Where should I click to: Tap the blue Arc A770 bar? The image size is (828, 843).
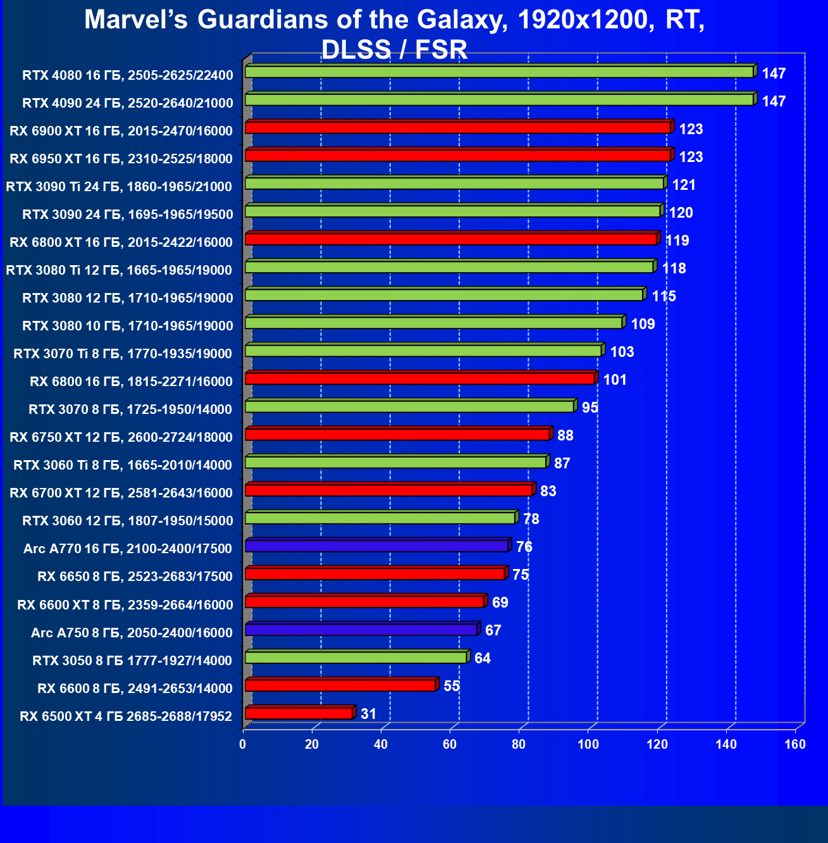[376, 546]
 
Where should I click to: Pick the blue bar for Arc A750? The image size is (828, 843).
[361, 630]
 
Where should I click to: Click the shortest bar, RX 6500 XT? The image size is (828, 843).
[298, 713]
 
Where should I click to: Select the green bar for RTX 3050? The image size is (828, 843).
[355, 658]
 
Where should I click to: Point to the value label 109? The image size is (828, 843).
[643, 324]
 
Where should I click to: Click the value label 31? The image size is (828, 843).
[368, 714]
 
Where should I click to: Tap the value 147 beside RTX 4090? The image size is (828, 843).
[774, 101]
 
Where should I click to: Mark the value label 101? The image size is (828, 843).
[615, 380]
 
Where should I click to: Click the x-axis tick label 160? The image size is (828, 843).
[795, 744]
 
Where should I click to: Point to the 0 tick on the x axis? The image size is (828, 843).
[243, 744]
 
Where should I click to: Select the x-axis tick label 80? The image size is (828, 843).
[519, 744]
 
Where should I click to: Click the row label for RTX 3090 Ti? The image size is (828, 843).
[119, 186]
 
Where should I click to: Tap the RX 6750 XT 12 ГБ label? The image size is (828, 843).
[121, 437]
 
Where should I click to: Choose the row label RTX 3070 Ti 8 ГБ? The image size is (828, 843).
[123, 353]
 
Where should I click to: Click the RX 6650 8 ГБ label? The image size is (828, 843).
[135, 576]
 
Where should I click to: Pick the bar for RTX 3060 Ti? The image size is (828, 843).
[395, 462]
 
